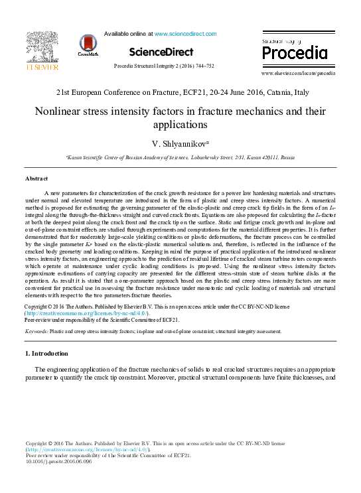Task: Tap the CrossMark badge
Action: point(88,44)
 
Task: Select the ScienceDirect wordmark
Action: point(161,52)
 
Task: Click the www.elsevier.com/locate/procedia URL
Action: point(298,73)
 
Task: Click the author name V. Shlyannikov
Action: point(179,144)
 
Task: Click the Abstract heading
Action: point(36,179)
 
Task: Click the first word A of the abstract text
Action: point(46,191)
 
